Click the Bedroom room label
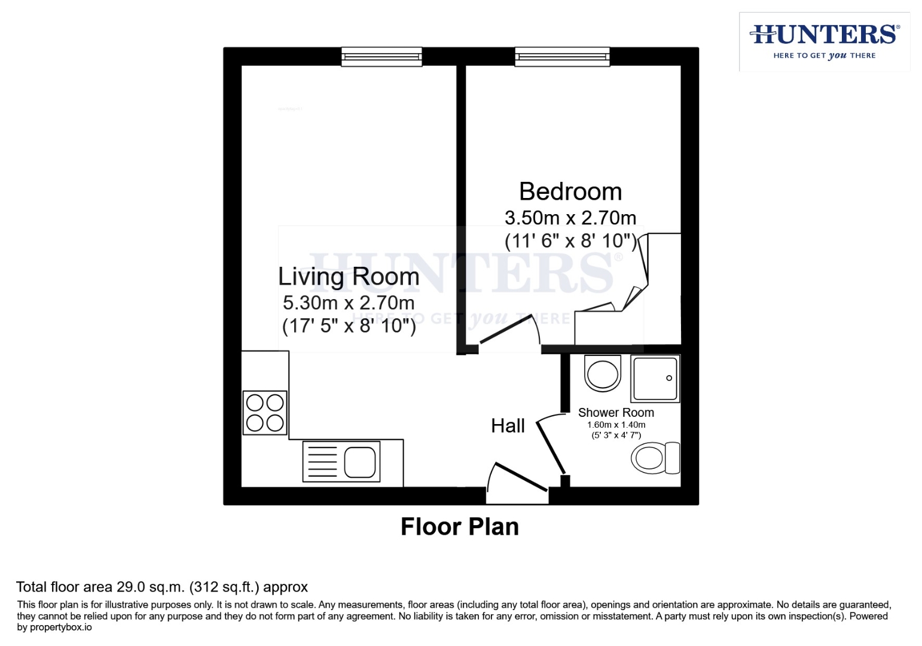pos(570,192)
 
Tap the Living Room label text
pos(349,276)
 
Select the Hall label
pos(508,426)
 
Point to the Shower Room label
pos(616,413)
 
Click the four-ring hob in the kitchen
pos(265,413)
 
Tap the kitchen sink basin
pos(360,462)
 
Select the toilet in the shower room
pos(655,458)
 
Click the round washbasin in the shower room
pos(603,374)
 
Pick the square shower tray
pos(655,379)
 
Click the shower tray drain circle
pos(669,378)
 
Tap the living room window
pos(381,57)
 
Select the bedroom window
pos(562,57)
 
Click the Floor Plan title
pos(459,527)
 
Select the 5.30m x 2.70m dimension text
pos(349,303)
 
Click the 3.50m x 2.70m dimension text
pos(570,218)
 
